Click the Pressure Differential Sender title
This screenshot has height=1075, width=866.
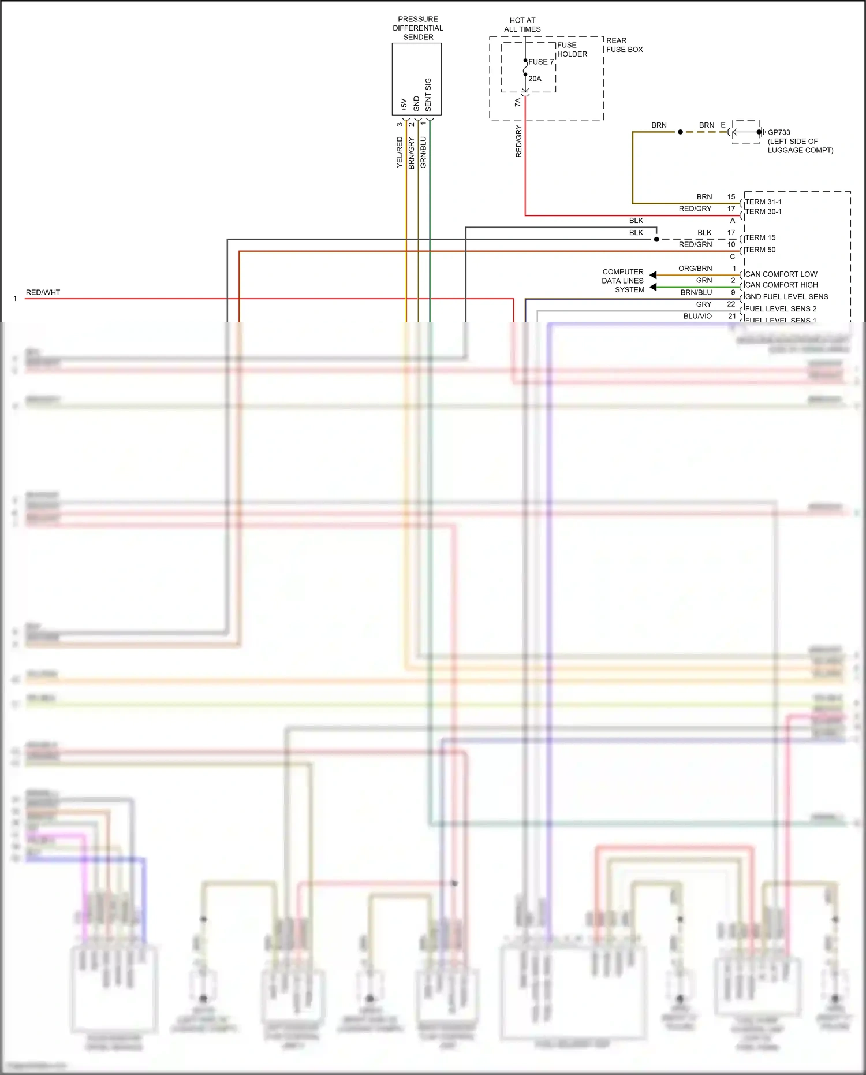[418, 28]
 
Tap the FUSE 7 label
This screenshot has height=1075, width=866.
[541, 62]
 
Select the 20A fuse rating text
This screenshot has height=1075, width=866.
[535, 79]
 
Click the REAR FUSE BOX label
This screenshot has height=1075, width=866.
[624, 45]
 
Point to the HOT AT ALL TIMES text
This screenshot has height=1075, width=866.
[522, 24]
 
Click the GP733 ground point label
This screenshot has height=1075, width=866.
[779, 132]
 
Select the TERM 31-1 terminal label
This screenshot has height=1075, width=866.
[763, 202]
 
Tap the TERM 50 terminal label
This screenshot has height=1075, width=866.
[760, 250]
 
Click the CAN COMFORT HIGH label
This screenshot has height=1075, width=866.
[781, 285]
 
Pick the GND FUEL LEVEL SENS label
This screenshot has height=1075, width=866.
[786, 296]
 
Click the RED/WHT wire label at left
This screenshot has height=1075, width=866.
[43, 292]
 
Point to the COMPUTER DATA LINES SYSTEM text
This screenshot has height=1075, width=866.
[623, 281]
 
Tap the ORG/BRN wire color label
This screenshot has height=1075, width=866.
[695, 269]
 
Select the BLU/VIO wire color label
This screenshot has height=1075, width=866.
[697, 316]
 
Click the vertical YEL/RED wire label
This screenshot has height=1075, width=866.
[400, 152]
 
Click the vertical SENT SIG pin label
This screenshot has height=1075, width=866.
[428, 95]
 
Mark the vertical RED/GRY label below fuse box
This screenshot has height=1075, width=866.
[518, 141]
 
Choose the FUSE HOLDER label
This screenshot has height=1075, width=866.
[572, 50]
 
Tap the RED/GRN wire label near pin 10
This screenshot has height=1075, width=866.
[695, 244]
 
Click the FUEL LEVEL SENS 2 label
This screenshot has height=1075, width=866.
[781, 308]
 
